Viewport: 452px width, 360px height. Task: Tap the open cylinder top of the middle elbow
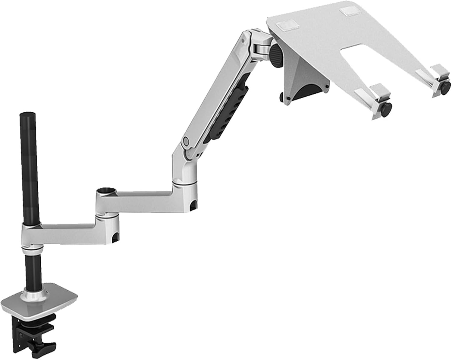point(106,191)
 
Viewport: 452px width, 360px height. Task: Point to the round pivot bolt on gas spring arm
point(186,141)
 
